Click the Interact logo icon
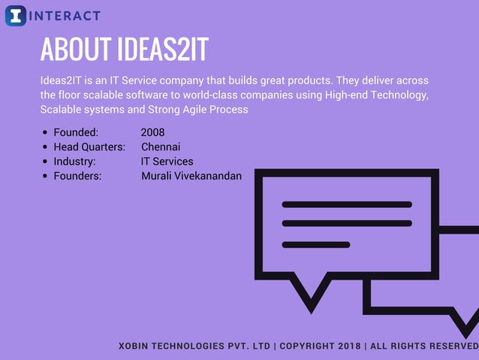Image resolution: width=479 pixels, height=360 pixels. click(15, 15)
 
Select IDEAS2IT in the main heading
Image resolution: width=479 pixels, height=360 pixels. click(162, 50)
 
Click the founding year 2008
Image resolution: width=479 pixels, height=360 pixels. click(152, 133)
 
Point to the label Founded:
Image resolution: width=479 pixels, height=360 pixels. click(76, 133)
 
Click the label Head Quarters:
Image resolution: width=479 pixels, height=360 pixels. click(89, 147)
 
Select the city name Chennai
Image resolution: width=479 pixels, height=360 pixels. click(161, 147)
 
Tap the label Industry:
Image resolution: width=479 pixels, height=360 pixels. click(74, 162)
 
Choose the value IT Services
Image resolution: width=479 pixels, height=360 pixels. click(167, 162)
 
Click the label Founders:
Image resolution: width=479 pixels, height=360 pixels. click(77, 176)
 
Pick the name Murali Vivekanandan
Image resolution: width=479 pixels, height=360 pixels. click(191, 176)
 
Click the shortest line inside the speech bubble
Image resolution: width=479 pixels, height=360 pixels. click(315, 244)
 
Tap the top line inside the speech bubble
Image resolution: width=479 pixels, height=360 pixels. click(346, 204)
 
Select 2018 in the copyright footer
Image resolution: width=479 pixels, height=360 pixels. click(348, 346)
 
